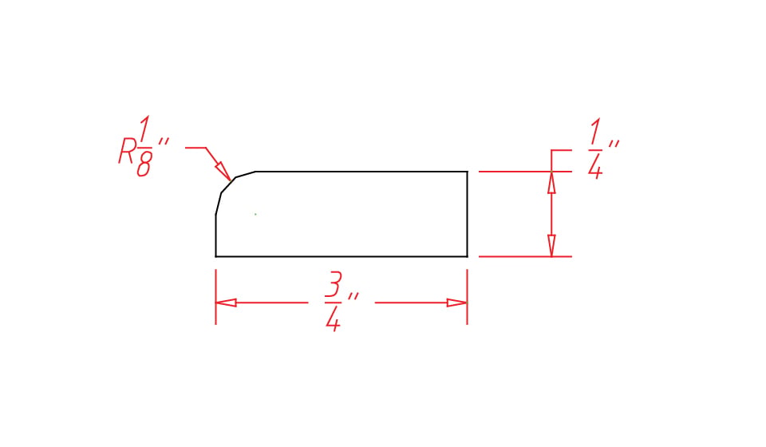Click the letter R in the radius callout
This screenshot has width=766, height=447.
pyautogui.click(x=127, y=150)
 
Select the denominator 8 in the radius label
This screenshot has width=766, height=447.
pyautogui.click(x=144, y=164)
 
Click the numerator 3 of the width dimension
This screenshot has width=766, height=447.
pyautogui.click(x=333, y=284)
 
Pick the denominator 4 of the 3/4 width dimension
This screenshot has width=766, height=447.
pyautogui.click(x=333, y=319)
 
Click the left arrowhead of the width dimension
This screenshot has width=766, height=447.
pyautogui.click(x=226, y=303)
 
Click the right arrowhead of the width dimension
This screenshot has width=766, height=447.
pyautogui.click(x=456, y=303)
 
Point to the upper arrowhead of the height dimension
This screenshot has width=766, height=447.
pyautogui.click(x=551, y=182)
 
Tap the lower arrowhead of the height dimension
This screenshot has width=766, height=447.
pyautogui.click(x=551, y=246)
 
